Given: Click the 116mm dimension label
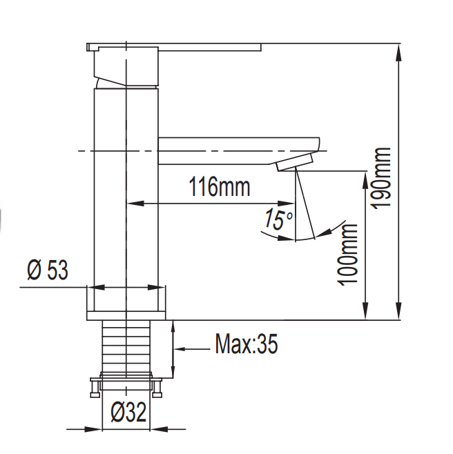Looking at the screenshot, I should click(x=219, y=187).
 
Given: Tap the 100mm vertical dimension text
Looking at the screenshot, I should click(x=349, y=254).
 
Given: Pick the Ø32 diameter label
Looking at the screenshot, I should click(x=128, y=413).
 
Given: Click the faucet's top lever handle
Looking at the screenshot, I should click(x=173, y=47).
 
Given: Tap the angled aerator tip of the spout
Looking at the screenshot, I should click(x=294, y=164).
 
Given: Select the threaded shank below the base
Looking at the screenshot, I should click(x=126, y=346).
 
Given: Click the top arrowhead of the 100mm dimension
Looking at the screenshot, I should click(x=364, y=177).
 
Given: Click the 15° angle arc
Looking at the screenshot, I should click(x=304, y=239).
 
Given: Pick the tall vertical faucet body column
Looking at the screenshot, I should click(x=126, y=186).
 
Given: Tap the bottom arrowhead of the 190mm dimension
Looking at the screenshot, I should click(x=399, y=315).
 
